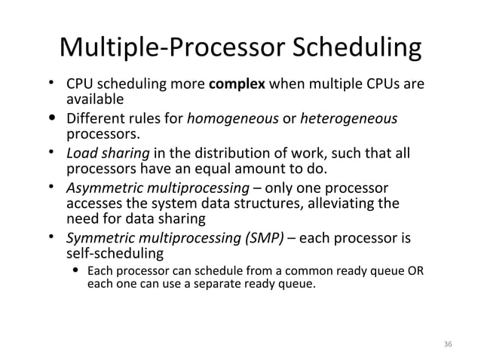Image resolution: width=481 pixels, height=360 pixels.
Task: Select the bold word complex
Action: [x=240, y=84]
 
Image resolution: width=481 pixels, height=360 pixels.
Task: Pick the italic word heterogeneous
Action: [x=349, y=119]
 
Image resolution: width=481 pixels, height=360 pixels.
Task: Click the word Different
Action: [x=96, y=119]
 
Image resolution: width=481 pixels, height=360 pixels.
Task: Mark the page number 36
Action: [x=449, y=343]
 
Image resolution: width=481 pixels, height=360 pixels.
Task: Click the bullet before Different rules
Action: [x=51, y=118]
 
